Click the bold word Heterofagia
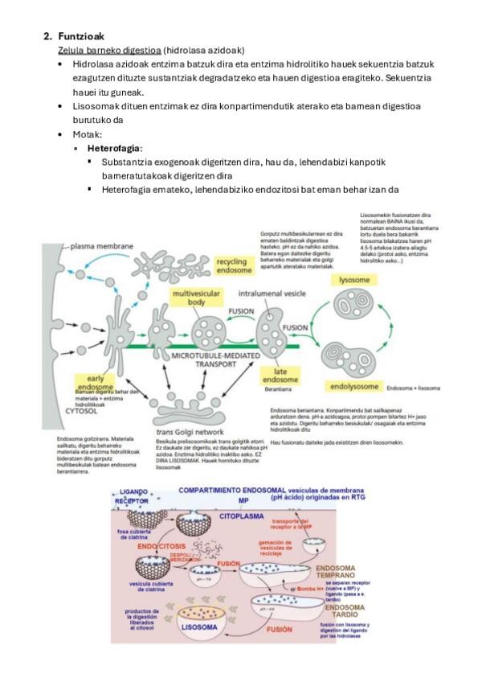point(115,149)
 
